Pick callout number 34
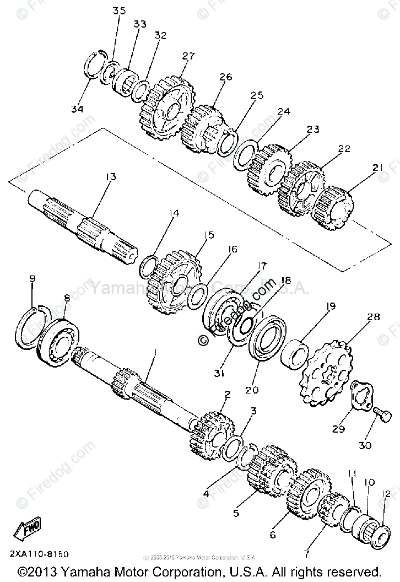77,109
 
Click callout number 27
188,56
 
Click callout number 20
252,390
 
